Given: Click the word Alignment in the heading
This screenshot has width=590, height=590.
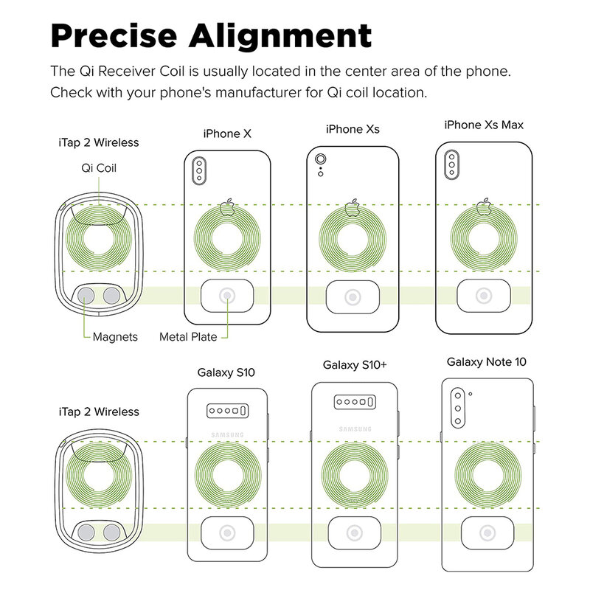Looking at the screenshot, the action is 280,36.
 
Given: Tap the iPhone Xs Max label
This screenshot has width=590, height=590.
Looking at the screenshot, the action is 484,125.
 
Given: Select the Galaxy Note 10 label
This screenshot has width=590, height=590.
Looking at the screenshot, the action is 486,362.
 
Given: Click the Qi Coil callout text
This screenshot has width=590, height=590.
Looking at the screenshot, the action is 99,168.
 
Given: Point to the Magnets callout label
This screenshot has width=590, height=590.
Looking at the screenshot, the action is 115,337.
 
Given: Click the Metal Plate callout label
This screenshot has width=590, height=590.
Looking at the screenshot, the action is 188,337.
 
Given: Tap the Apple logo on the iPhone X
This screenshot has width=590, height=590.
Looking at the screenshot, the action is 227,207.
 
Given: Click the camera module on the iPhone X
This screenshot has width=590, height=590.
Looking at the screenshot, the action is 199,171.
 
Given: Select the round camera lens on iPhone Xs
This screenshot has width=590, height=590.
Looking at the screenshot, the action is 321,159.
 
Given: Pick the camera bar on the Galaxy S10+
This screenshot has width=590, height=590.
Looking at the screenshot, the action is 355,402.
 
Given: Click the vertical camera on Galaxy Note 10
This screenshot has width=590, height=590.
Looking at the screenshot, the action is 458,409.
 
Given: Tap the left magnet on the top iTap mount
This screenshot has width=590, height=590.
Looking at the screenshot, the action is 86,296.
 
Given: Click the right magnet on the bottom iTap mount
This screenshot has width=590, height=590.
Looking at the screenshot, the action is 112,532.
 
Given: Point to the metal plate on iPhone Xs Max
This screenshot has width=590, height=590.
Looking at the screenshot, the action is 484,296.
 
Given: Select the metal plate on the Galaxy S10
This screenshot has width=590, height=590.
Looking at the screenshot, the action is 227,532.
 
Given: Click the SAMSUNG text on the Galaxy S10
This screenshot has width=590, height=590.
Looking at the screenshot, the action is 227,435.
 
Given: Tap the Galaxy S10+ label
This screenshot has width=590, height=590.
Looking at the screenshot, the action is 355,365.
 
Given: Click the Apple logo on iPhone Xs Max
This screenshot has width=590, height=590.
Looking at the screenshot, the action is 484,206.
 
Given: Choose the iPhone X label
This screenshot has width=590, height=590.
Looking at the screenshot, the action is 227,133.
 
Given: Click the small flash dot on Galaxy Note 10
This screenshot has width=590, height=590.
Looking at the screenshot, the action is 471,394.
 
